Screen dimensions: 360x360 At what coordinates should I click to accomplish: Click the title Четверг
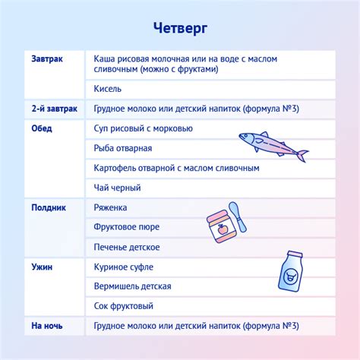click(179, 27)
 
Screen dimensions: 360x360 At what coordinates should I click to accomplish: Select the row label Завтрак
click(47, 59)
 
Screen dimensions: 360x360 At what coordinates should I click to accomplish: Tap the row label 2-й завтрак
click(55, 109)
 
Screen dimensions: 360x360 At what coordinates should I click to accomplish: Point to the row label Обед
click(42, 128)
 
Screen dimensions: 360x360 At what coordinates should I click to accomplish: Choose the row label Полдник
click(49, 207)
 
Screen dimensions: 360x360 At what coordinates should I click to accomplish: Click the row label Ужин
click(43, 267)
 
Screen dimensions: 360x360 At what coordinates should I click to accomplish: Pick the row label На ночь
click(47, 326)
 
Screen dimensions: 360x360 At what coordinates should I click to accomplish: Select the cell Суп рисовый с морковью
click(144, 128)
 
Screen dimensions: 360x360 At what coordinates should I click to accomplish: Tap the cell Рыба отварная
click(123, 148)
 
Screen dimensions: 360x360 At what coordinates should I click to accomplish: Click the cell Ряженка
click(111, 207)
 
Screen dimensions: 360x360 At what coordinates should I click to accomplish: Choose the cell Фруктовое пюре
click(125, 227)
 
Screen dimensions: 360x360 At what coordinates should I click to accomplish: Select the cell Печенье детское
click(127, 247)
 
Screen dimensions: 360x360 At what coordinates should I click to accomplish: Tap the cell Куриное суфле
click(124, 267)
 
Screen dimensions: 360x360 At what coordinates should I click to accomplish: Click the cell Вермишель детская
click(132, 286)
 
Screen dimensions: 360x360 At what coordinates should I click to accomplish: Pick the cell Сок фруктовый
click(124, 306)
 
